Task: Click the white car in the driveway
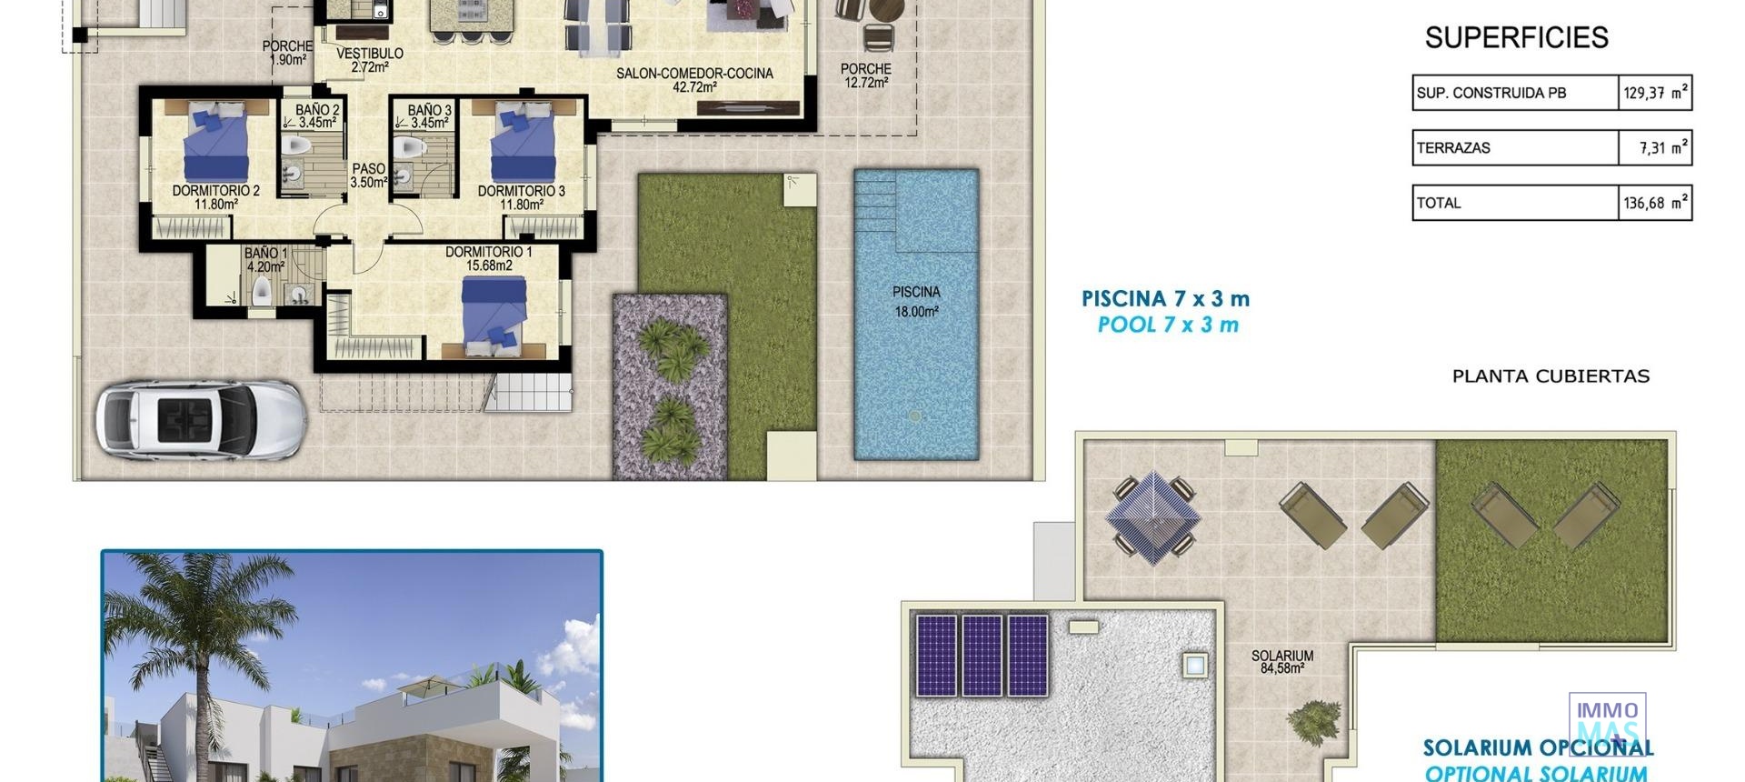coord(200,419)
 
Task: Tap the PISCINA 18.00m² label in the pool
coord(915,301)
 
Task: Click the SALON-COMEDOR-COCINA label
coord(694,80)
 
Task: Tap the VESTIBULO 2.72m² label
coord(369,60)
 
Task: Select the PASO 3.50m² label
coord(369,175)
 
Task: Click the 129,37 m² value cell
coord(1655,93)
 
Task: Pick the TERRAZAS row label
coord(1453,148)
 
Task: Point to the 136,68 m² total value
coord(1655,203)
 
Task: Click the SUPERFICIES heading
coord(1516,37)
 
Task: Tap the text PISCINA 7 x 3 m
coord(1165,298)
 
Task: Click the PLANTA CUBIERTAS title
coord(1551,376)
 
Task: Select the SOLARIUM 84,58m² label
coord(1281,661)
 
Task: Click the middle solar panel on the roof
coord(982,655)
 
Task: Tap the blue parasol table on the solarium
coord(1152,516)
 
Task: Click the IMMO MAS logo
coord(1607,722)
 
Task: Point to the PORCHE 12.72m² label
coord(865,75)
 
